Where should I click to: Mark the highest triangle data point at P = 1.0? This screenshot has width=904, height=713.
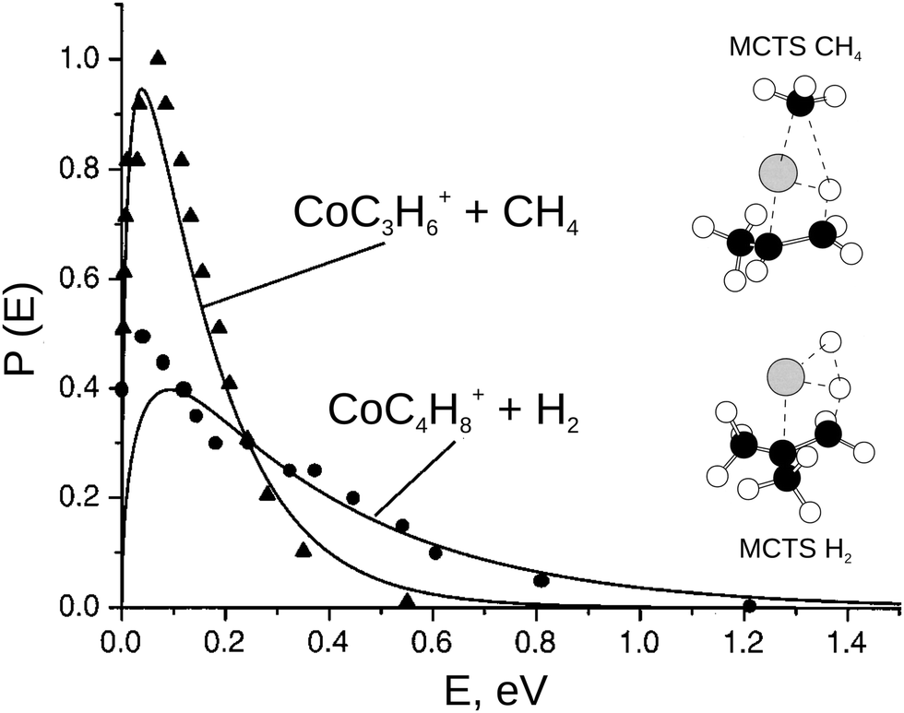[x=158, y=58]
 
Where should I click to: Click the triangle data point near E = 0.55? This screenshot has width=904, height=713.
[x=407, y=600]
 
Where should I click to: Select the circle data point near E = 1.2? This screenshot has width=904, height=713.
[x=750, y=606]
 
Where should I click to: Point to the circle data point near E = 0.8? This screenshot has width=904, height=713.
[x=541, y=580]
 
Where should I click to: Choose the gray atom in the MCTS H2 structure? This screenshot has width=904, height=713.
[x=786, y=375]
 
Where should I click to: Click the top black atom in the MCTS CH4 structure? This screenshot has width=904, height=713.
[x=801, y=102]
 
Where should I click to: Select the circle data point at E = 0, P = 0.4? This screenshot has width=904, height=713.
[x=121, y=389]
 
